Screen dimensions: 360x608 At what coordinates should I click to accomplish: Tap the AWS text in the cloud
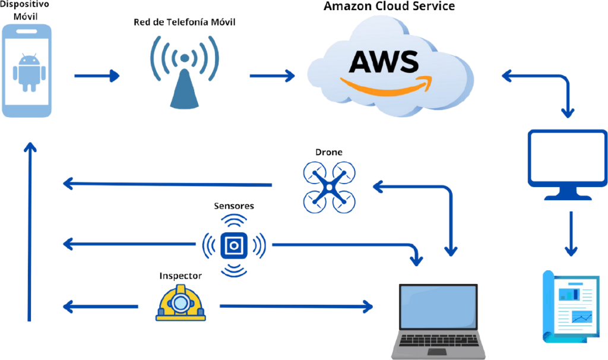click(384, 61)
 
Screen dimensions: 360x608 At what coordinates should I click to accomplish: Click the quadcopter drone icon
click(330, 187)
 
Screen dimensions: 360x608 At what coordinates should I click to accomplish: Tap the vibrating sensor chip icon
click(233, 245)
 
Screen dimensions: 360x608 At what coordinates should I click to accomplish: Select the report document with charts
click(571, 306)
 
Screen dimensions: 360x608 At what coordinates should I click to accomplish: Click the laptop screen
click(439, 307)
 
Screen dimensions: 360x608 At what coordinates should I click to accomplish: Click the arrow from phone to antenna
click(96, 75)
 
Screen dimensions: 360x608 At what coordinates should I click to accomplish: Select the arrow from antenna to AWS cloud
click(273, 75)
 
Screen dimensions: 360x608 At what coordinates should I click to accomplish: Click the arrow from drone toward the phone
click(166, 185)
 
